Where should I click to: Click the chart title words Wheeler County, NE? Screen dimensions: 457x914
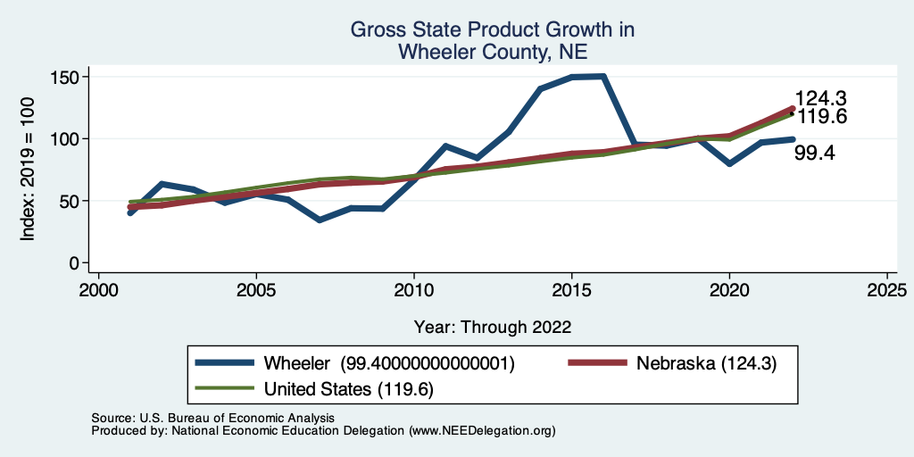[x=492, y=52]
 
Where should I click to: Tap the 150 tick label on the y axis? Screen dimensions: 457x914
[x=64, y=77]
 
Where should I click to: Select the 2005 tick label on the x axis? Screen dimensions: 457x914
[x=256, y=292]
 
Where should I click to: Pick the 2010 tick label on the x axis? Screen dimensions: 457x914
[x=414, y=292]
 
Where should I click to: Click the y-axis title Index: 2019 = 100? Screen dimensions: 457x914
[x=29, y=170]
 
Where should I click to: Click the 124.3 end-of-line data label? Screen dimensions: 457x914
[x=820, y=99]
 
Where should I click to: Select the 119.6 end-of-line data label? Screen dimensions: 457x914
[x=820, y=117]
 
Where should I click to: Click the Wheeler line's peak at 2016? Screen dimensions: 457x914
[x=603, y=77]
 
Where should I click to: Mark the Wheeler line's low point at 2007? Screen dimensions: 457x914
[x=320, y=220]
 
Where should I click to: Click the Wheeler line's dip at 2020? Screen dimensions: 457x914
[x=729, y=164]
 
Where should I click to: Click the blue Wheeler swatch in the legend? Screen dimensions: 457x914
[x=225, y=363]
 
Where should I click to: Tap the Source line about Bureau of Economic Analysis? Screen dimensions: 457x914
[x=212, y=418]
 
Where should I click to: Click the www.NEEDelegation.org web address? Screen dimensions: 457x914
[x=482, y=430]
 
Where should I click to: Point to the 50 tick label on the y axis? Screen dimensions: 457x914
[x=68, y=202]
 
